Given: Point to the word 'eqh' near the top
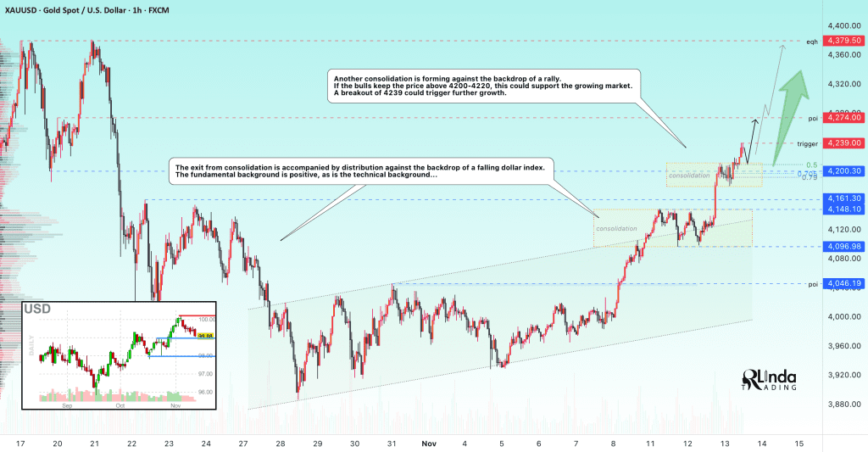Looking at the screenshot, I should coord(812,41).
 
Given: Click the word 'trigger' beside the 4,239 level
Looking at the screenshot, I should coord(808,143).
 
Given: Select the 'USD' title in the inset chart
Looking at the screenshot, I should coord(38,310).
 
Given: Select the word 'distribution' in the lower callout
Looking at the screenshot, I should coord(340,166).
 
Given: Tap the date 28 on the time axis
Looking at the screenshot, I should coord(279,443).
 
